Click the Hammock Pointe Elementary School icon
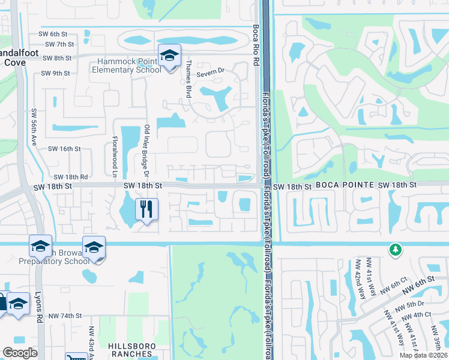click(x=169, y=56)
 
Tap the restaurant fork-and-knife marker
click(x=146, y=209)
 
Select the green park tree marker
click(x=395, y=248)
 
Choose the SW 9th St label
click(x=56, y=73)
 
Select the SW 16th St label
click(x=64, y=148)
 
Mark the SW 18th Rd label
click(x=71, y=177)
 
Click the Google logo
click(x=20, y=353)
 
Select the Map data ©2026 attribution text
click(x=423, y=355)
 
